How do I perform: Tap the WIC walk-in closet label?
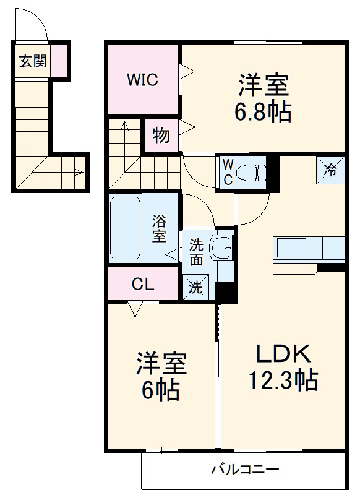coord(143,80)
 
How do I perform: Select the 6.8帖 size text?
coord(263,111)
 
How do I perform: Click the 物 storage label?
coord(161,136)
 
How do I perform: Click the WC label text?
coord(227,171)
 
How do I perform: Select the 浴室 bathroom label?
coord(159,228)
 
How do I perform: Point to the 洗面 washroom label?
coord(195,252)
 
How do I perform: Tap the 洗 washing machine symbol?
coord(195,287)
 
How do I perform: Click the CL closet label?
coord(144,285)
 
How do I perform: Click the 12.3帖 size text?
coord(283,379)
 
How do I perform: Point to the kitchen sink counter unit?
coord(308,249)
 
